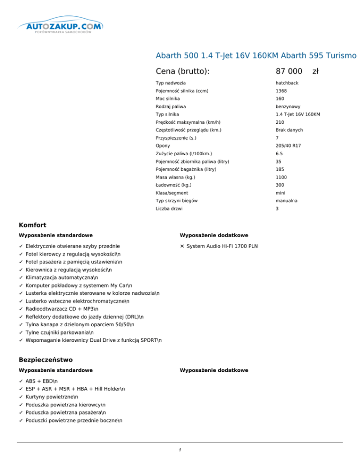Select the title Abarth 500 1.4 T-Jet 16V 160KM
tap(256, 56)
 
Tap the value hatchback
tap(286, 83)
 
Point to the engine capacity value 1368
tap(281, 91)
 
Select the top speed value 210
tap(280, 122)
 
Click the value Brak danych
tap(289, 130)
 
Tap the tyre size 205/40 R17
tap(288, 146)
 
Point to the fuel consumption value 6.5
tap(279, 154)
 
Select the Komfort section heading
tap(32, 225)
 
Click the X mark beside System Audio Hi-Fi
tap(182, 246)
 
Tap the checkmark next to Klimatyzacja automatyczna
tap(21, 278)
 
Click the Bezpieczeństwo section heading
tap(45, 360)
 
